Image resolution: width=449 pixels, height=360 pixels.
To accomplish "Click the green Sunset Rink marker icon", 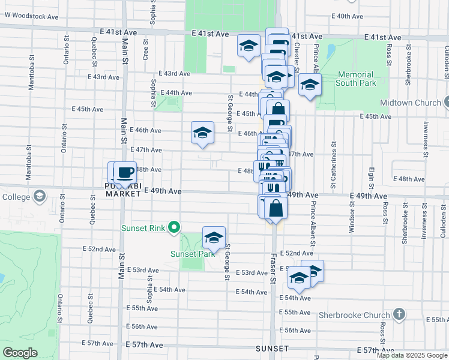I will (174, 227).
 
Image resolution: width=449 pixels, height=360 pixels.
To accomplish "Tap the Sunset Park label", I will (192, 254).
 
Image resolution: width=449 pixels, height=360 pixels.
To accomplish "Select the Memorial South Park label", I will (356, 79).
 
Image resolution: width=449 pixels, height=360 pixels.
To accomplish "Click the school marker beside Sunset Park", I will (214, 238).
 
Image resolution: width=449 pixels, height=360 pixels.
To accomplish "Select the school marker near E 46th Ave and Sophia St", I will (203, 133).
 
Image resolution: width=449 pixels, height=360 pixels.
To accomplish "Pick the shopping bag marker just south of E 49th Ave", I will (276, 209).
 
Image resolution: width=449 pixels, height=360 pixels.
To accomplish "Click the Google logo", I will (19, 353).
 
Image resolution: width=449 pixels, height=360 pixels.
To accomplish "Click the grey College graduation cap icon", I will (40, 196).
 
